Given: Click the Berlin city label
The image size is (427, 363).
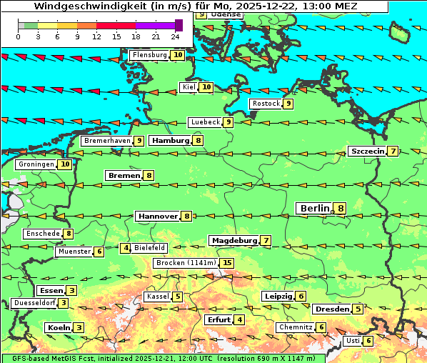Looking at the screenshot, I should point(315,208).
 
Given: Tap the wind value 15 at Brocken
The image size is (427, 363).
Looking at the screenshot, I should point(227,263).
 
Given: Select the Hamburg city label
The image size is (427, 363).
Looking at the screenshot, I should point(170,141).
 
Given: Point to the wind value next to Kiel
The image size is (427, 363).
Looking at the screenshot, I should point(206,87).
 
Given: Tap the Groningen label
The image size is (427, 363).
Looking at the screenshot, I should point(36,164).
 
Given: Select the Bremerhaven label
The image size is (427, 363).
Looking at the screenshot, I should point(107,141).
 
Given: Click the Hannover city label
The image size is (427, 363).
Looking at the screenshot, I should point(157,216).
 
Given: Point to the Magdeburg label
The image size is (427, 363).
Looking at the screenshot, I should point(233,240).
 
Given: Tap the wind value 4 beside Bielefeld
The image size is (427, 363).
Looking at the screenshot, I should point(126,248).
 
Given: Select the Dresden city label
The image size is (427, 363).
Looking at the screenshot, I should point(331,309).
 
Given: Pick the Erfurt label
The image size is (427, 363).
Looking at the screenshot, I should point(218,319).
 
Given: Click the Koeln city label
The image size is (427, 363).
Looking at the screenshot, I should point(59,327).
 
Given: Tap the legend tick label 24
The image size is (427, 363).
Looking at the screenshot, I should point(175,36).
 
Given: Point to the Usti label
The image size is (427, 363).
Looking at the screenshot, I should point(353,341).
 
